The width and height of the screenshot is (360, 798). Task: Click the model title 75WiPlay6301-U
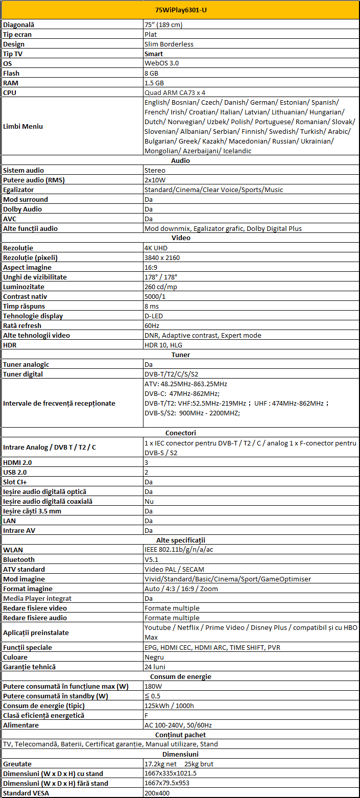click(180, 10)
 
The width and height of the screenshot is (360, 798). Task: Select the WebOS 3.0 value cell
click(161, 63)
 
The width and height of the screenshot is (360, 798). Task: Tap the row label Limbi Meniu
click(23, 126)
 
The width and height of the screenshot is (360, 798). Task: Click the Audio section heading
click(180, 160)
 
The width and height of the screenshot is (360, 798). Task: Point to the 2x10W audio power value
click(156, 180)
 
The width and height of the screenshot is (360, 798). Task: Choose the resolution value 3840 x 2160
click(162, 257)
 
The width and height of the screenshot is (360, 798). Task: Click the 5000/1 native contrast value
click(155, 296)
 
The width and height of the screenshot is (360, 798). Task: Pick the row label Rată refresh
click(22, 325)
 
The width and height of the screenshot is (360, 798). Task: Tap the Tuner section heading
click(180, 355)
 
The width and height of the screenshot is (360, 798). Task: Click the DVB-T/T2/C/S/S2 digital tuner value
click(172, 374)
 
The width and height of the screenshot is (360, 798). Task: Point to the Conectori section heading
click(180, 433)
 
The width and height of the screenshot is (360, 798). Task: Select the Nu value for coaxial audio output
click(149, 501)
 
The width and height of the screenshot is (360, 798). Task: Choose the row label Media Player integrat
click(37, 598)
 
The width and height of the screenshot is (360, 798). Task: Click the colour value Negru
click(154, 657)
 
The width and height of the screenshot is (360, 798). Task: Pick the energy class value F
click(147, 715)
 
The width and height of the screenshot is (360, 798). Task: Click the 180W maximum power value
click(153, 686)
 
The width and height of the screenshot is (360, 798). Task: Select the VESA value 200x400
click(157, 793)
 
